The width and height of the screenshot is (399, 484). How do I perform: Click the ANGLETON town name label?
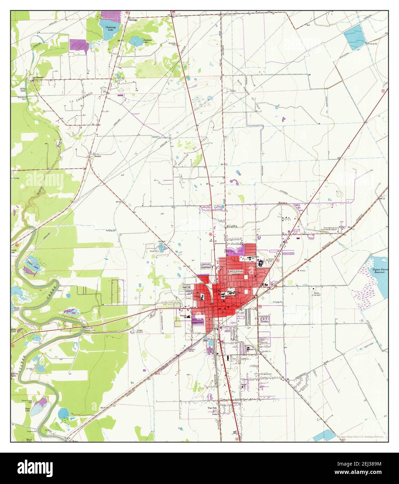[235, 271]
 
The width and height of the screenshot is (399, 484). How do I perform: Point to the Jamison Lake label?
[148, 41]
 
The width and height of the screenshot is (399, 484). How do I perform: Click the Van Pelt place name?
[212, 407]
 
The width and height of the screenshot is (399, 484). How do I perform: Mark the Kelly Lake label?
[23, 90]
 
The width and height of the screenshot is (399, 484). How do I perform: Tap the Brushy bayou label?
[231, 226]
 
